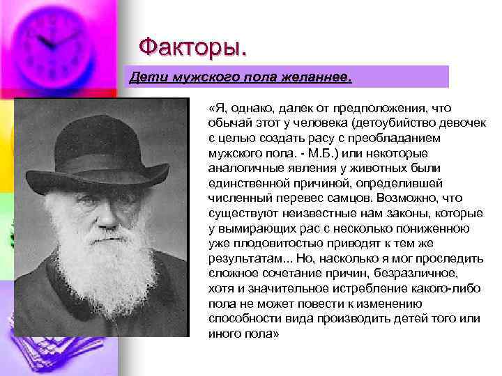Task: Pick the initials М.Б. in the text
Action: coord(312,153)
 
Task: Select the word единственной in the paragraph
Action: coord(248,183)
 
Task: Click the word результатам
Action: coord(245,258)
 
